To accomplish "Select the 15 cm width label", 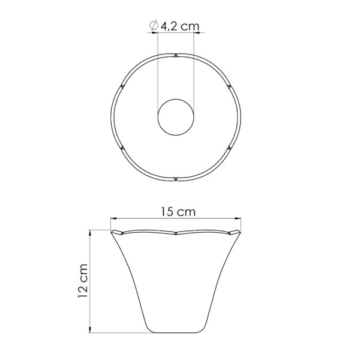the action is click(178, 212).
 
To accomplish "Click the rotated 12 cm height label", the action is click(83, 281).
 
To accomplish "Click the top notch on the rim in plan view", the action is click(176, 56).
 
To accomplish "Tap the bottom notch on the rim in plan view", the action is click(176, 179).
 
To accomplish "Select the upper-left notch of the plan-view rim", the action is click(122, 86).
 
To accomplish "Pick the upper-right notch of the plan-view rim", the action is click(229, 86).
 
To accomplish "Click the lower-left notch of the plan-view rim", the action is click(122, 148).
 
